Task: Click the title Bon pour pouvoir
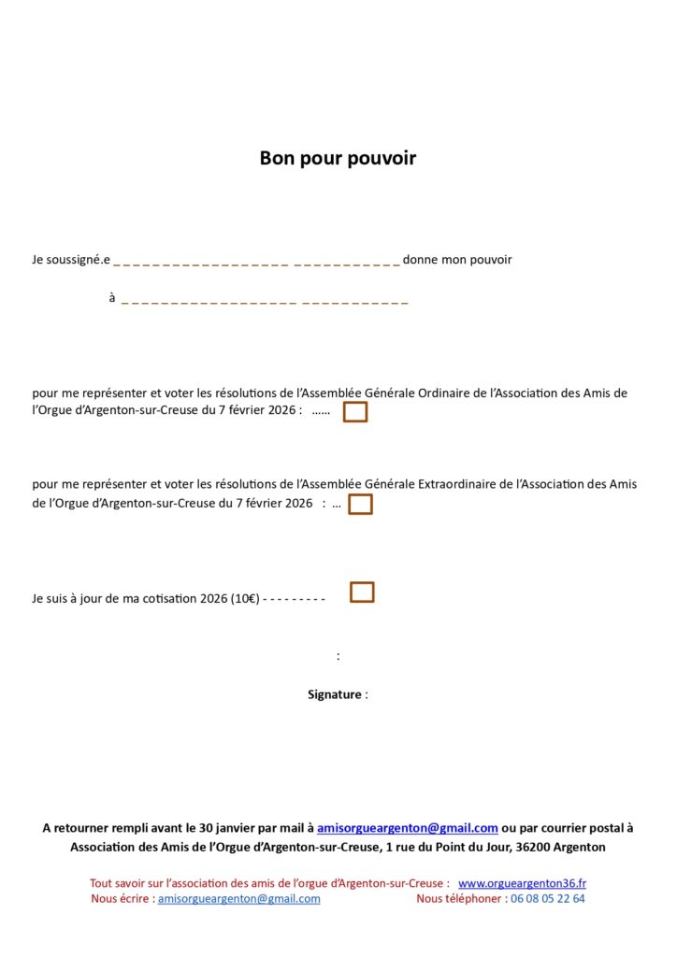click(x=338, y=158)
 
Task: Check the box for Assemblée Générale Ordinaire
click(x=355, y=412)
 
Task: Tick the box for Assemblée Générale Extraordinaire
click(x=360, y=505)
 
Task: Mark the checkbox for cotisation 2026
click(x=362, y=593)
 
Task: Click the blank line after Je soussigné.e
click(x=256, y=262)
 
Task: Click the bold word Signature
click(x=334, y=694)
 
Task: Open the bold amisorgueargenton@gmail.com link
click(x=407, y=827)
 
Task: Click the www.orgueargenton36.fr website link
click(x=522, y=882)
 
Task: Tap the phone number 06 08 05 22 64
click(x=545, y=898)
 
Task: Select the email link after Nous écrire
click(x=239, y=898)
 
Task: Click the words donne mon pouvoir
click(x=457, y=260)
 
